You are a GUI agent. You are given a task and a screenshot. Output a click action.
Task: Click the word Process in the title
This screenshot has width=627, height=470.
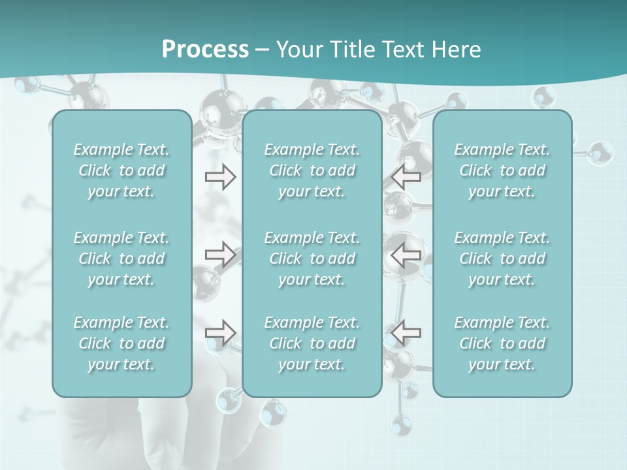205,50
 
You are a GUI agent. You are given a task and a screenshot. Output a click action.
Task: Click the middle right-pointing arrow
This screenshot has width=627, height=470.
220,255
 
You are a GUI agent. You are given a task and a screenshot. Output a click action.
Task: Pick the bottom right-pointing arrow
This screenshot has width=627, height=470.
220,333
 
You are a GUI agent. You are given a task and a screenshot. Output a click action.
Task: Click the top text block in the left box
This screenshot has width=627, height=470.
121,170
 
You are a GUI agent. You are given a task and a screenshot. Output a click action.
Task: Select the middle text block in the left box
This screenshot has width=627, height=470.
121,258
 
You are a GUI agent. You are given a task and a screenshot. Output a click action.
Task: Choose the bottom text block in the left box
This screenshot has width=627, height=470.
121,343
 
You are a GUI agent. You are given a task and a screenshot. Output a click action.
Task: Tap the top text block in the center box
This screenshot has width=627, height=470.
312,170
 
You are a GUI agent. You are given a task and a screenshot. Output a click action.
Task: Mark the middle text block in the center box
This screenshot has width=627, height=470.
312,258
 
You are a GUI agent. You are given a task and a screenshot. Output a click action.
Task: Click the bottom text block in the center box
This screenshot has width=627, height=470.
312,343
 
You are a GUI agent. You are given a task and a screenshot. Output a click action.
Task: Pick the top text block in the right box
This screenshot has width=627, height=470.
502,170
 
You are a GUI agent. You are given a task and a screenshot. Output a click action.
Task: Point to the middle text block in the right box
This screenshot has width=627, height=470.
502,258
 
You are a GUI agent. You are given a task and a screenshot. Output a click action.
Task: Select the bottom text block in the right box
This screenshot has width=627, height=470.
502,343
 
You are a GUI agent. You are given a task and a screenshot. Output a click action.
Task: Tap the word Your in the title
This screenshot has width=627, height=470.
297,50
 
